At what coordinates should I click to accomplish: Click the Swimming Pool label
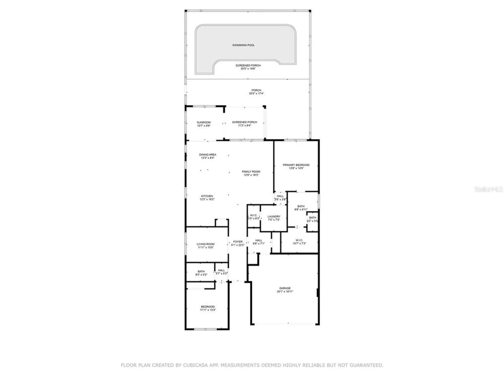point(243,45)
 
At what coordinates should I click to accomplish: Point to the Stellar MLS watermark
point(488,189)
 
